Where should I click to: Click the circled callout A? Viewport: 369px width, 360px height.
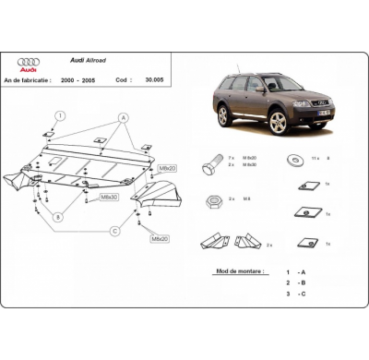[x=123, y=118]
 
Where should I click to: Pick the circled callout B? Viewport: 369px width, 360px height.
[x=58, y=218]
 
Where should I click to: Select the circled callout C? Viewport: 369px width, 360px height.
[x=114, y=231]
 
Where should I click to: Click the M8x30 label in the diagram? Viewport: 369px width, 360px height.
[x=109, y=197]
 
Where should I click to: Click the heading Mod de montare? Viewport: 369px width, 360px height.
[x=239, y=271]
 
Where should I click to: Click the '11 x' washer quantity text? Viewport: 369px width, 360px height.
[x=316, y=158]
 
